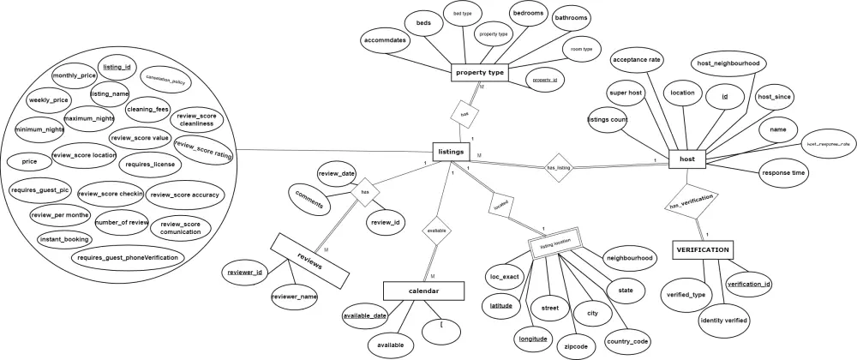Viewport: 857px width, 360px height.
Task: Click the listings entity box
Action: tap(451, 152)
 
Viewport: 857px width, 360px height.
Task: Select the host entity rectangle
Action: tap(686, 159)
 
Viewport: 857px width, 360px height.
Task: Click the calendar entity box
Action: tap(423, 291)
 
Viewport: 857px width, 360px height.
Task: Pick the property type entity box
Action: tap(479, 73)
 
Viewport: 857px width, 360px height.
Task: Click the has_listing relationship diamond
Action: tap(558, 168)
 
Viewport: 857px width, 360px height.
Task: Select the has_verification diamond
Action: tap(691, 202)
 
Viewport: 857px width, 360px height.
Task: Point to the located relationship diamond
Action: tap(500, 206)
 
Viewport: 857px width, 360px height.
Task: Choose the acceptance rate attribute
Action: tap(636, 60)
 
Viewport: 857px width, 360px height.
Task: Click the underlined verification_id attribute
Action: tap(749, 284)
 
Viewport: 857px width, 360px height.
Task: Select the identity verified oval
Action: tap(724, 320)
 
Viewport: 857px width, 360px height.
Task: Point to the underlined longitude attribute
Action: tap(533, 339)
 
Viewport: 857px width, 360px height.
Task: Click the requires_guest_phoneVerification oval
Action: tap(128, 257)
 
